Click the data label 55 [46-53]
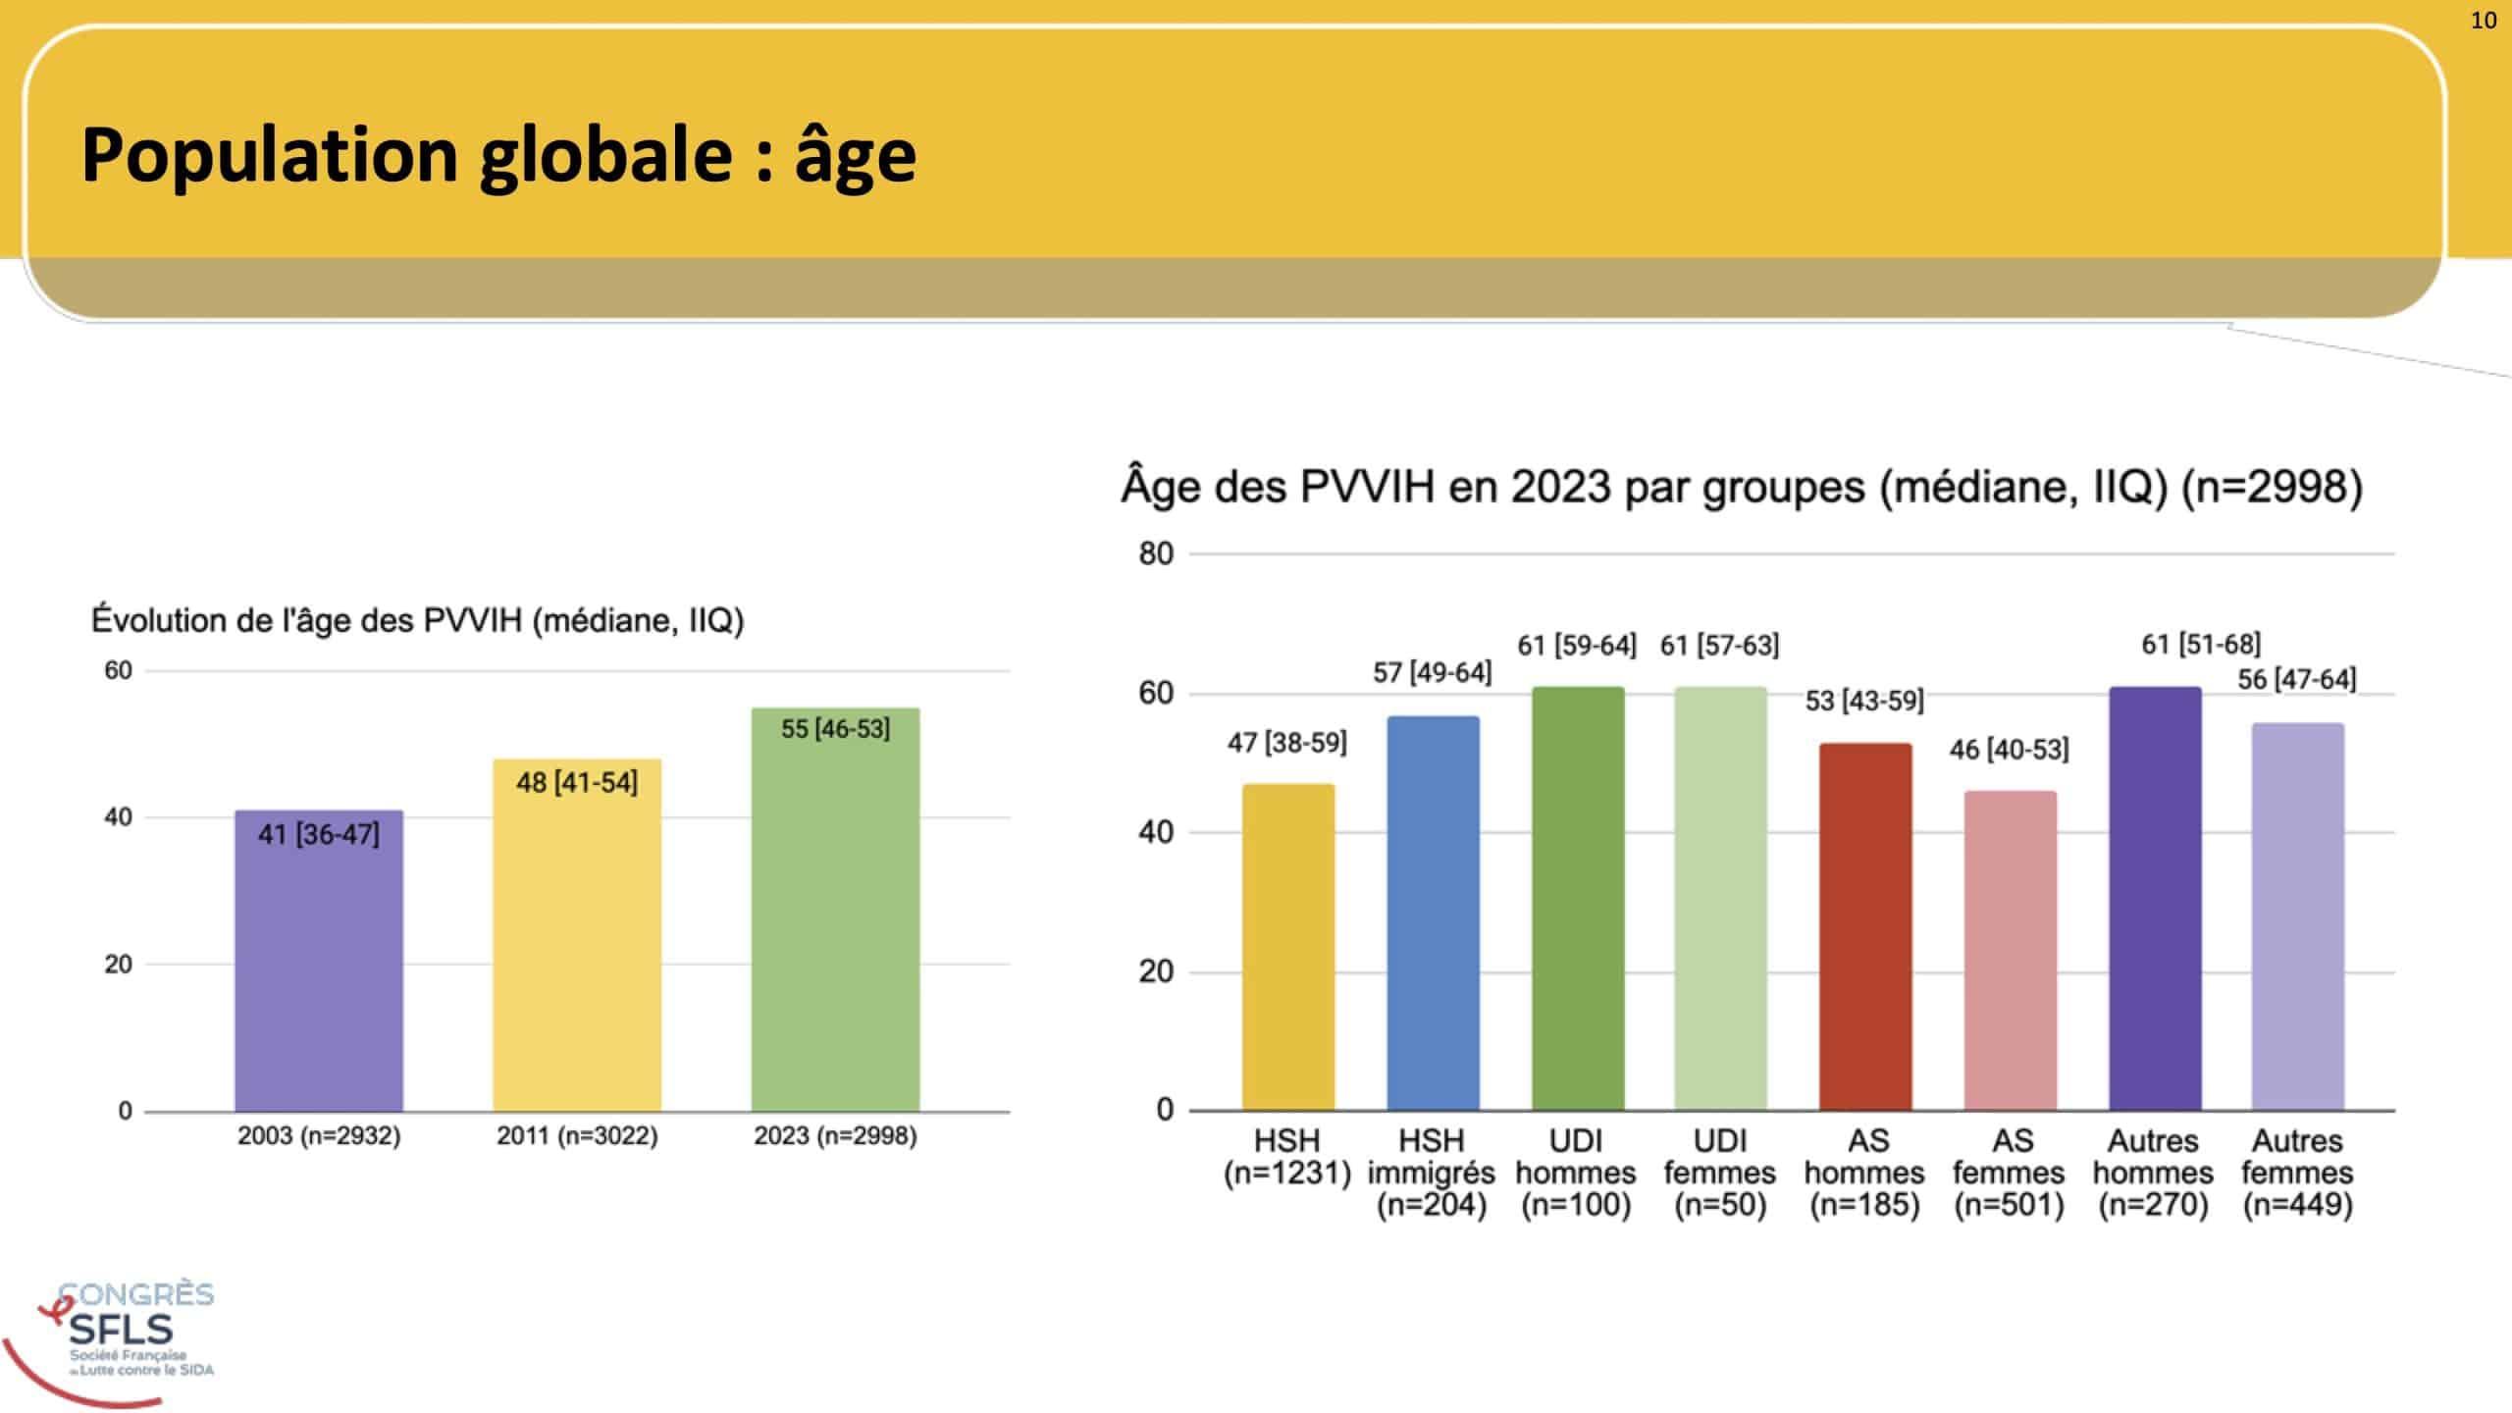click(835, 729)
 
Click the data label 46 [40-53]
click(2009, 750)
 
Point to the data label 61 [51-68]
click(2200, 644)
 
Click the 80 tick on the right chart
click(1156, 554)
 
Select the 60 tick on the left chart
click(118, 671)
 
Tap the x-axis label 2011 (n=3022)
click(577, 1136)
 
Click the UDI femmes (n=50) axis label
click(1719, 1173)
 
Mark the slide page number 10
click(2483, 21)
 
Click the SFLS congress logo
click(118, 1334)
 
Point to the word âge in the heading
click(855, 157)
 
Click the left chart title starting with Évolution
click(417, 621)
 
